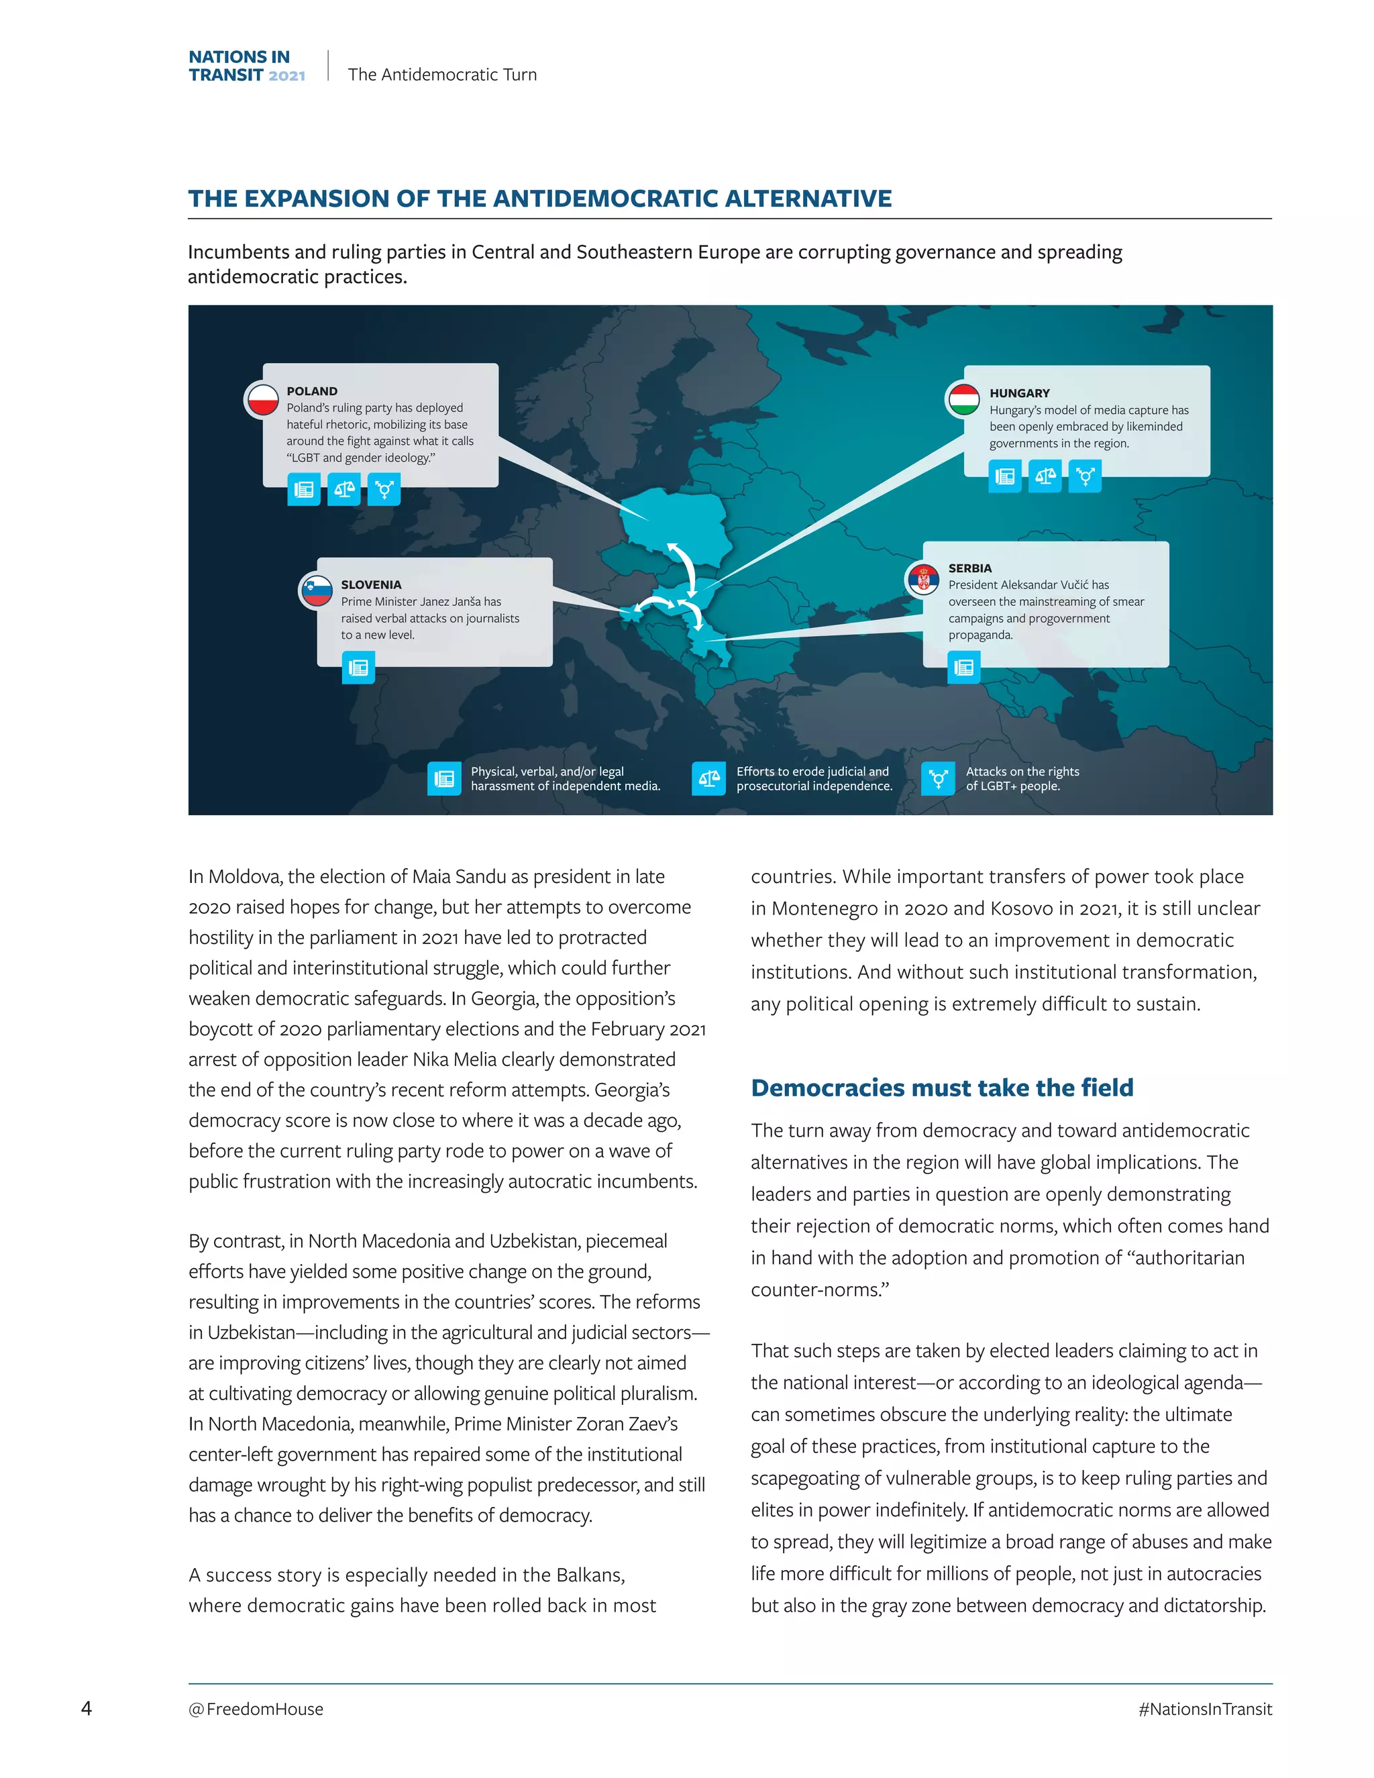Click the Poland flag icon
(263, 400)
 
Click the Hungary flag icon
(965, 400)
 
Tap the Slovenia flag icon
(317, 590)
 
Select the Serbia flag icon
(923, 579)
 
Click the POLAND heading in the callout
(312, 390)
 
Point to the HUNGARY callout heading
(1019, 393)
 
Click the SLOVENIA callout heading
(371, 584)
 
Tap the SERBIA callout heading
(969, 568)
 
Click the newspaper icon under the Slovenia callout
(358, 668)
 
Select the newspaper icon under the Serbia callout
(964, 668)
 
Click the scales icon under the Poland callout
(344, 489)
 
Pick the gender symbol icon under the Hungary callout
(1085, 476)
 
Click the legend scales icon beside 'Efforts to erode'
(709, 778)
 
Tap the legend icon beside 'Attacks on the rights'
(938, 778)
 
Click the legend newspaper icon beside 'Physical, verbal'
(444, 778)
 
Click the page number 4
(87, 1708)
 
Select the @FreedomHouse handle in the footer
(256, 1709)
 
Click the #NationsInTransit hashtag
(1205, 1709)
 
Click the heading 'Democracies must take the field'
(942, 1088)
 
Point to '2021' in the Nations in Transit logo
(286, 76)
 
